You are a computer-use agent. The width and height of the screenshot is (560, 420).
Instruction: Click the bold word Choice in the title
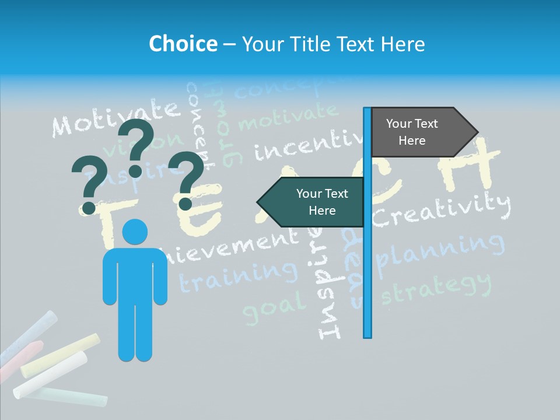[x=183, y=44]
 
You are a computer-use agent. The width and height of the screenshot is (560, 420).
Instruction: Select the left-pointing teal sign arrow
[x=312, y=202]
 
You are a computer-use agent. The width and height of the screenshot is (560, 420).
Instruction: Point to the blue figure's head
[x=135, y=232]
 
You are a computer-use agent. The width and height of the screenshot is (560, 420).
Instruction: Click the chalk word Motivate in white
[x=114, y=117]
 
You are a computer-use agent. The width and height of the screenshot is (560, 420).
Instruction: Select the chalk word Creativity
[x=442, y=210]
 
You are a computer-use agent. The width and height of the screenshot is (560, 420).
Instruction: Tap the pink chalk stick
[x=23, y=356]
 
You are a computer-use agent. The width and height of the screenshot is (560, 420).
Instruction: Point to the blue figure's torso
[x=135, y=274]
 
